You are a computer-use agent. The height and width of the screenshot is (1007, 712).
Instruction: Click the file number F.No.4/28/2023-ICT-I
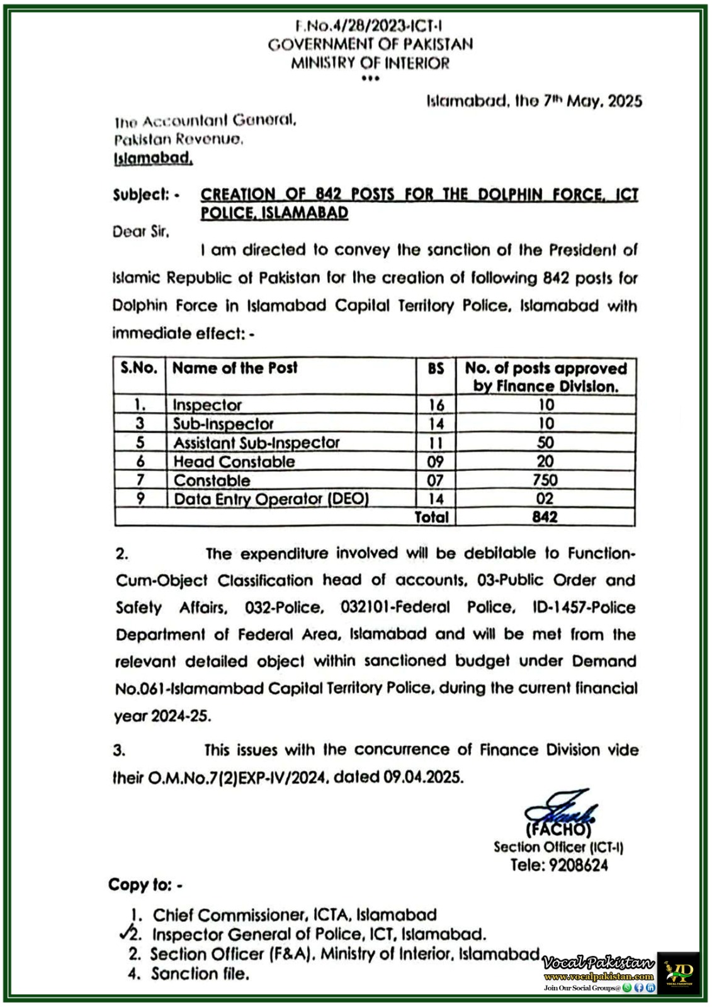pos(369,26)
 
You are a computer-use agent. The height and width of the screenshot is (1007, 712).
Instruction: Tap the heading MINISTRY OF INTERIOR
pos(370,63)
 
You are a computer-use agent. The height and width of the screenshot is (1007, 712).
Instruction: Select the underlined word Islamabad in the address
pos(153,159)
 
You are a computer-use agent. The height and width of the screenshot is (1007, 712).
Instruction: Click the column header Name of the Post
pos(235,368)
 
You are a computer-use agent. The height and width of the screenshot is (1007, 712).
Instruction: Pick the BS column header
pos(436,369)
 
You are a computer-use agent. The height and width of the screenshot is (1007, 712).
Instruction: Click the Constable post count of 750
pos(545,480)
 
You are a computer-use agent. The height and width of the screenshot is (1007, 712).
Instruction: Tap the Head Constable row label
pos(234,462)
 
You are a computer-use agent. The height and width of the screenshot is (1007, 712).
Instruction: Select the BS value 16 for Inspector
pos(436,405)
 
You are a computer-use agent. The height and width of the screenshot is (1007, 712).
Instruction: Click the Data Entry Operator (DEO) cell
pos(271,499)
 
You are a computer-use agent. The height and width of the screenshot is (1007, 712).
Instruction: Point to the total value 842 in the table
pos(545,517)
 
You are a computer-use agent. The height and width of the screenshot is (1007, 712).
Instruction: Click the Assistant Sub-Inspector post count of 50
pos(545,443)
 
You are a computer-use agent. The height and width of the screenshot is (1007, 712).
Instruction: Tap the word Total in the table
pos(432,517)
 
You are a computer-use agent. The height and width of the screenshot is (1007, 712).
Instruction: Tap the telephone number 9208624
pos(578,865)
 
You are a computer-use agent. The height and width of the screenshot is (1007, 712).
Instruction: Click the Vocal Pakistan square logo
pos(679,972)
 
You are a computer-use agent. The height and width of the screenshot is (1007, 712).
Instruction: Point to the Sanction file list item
pos(200,974)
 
